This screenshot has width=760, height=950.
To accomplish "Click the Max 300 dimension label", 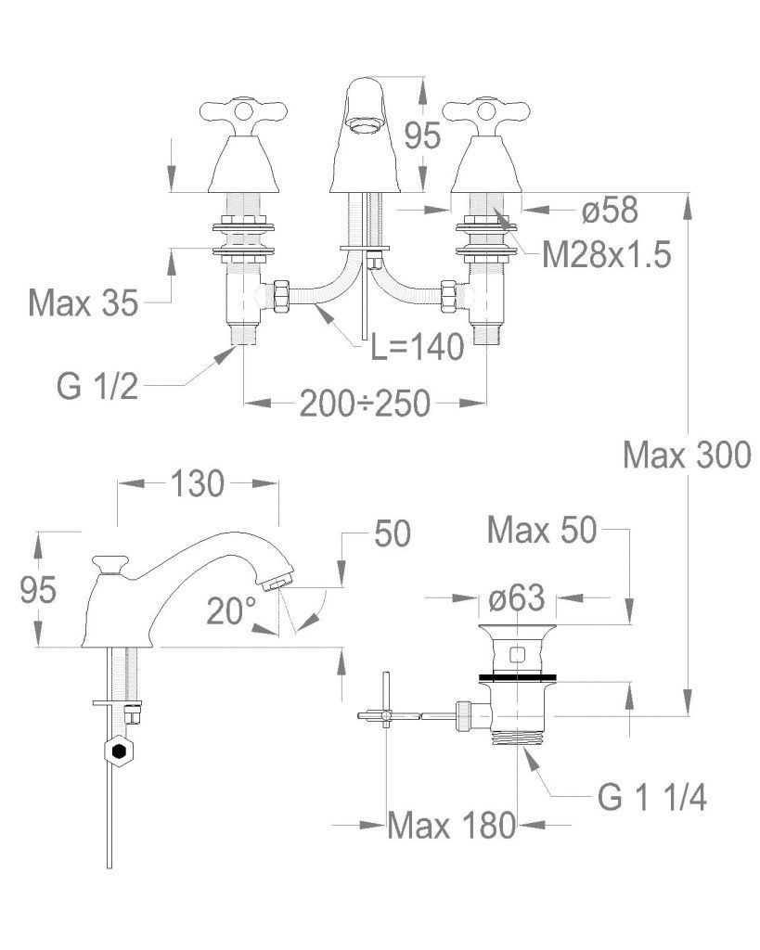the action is pyautogui.click(x=687, y=455).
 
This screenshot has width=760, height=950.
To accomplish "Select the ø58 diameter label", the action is pyautogui.click(x=610, y=210).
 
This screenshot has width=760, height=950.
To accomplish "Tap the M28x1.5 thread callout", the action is pyautogui.click(x=607, y=254).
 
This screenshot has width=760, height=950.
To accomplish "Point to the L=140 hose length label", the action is pyautogui.click(x=418, y=347).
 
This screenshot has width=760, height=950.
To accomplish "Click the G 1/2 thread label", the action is pyautogui.click(x=97, y=386).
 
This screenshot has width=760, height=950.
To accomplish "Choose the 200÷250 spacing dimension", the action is pyautogui.click(x=365, y=404).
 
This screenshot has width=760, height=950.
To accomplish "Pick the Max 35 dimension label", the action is pyautogui.click(x=84, y=302).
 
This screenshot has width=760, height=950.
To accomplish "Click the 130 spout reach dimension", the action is pyautogui.click(x=198, y=483).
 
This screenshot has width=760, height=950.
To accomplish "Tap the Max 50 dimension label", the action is pyautogui.click(x=543, y=530).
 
